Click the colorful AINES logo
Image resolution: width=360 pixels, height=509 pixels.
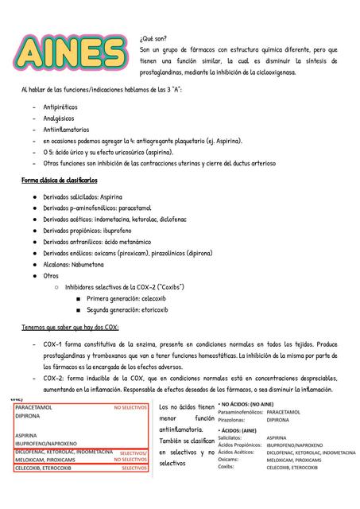coord(69,53)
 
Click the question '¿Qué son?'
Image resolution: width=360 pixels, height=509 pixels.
coord(153,37)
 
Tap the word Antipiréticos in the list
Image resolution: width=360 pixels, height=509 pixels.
coord(60,106)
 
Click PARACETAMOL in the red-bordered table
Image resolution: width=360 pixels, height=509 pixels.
coord(33,406)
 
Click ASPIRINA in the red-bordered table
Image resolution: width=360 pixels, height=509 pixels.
coord(27,435)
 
